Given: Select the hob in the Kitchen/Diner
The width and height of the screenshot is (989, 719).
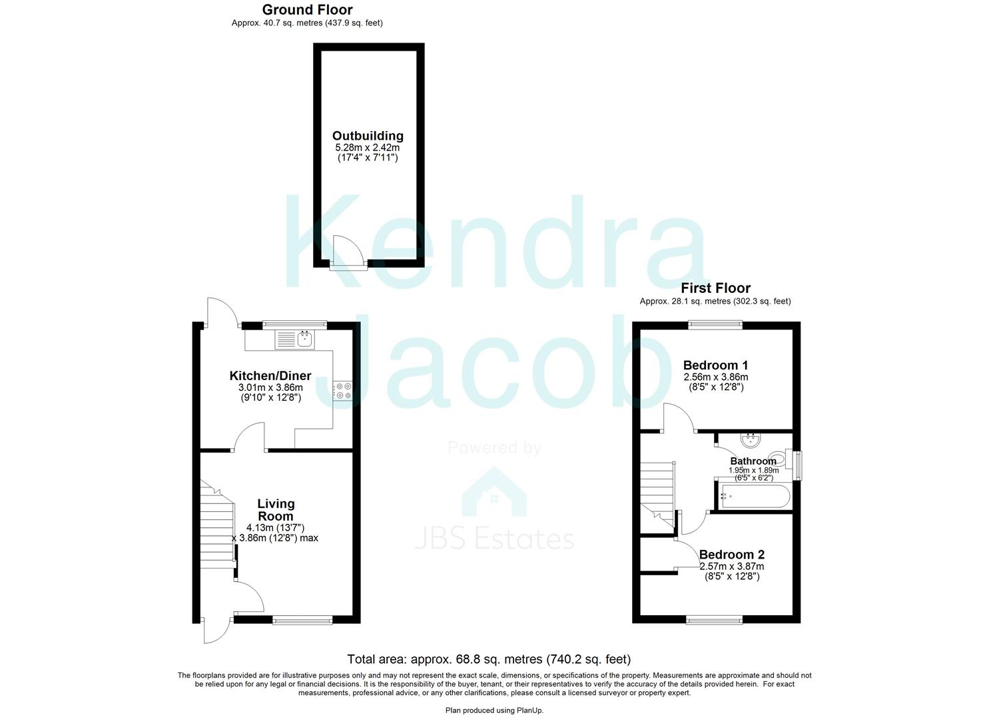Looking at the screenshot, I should (342, 390).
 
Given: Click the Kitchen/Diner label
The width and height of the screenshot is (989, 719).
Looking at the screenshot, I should (270, 376).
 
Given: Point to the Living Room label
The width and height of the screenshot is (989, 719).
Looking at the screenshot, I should (276, 510).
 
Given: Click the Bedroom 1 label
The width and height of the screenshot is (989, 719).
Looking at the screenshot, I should (715, 365).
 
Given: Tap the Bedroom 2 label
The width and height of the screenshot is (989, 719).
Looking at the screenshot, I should (731, 555).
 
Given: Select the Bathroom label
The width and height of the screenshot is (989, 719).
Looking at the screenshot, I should (753, 461).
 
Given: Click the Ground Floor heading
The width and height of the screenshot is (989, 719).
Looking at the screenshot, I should (307, 9).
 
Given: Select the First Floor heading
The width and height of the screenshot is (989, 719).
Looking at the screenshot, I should (715, 288).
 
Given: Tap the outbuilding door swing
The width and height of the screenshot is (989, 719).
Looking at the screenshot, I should (348, 252).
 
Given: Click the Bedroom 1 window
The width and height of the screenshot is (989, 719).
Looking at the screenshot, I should (715, 325).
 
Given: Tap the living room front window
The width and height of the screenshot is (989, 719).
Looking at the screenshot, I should (302, 620).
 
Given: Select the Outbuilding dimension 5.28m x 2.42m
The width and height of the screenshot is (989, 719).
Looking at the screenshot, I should (368, 147).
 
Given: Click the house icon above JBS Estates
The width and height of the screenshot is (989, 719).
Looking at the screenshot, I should (494, 493).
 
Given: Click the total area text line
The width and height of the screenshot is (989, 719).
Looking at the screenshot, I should (489, 659).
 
